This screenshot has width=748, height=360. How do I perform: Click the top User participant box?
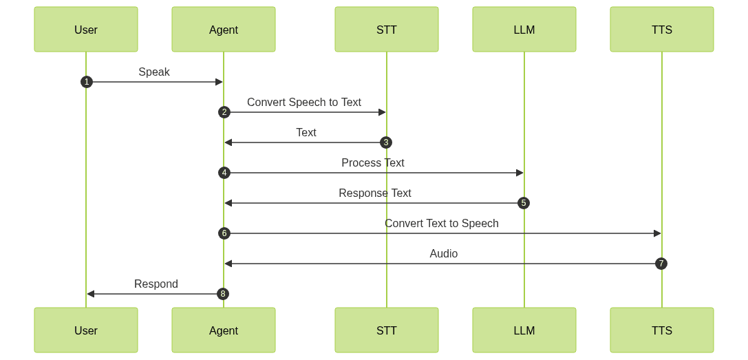click(x=86, y=30)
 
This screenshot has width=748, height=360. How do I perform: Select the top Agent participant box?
click(x=224, y=30)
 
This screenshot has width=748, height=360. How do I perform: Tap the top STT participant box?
click(x=387, y=30)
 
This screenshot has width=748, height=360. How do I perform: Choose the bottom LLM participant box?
click(x=524, y=330)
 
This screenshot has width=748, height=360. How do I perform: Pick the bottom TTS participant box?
click(x=662, y=330)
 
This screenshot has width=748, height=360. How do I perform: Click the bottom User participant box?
click(x=86, y=330)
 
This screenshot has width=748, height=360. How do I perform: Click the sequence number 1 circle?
click(x=86, y=82)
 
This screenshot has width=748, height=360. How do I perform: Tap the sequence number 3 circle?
click(x=386, y=142)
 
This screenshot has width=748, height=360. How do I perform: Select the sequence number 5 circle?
click(x=524, y=203)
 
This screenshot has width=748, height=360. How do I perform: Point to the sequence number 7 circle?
click(x=661, y=264)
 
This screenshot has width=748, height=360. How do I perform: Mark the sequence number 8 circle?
click(x=223, y=294)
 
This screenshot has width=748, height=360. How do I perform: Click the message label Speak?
click(x=154, y=72)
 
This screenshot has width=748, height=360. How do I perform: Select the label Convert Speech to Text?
click(x=304, y=103)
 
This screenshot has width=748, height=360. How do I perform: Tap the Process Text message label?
click(x=373, y=163)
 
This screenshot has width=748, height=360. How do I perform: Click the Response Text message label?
click(x=375, y=193)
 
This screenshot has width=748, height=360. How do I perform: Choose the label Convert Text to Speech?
click(x=442, y=224)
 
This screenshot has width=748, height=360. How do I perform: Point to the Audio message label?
click(x=444, y=254)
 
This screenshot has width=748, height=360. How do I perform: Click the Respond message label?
click(x=156, y=284)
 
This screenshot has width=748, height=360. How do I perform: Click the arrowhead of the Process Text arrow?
click(x=520, y=173)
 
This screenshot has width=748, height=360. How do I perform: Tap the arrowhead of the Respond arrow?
click(x=90, y=294)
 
